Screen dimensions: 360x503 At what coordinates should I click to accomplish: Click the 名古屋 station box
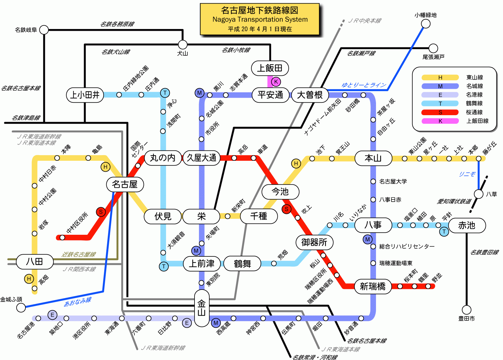click(x=125, y=184)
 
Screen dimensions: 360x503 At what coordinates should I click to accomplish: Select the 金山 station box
click(x=202, y=308)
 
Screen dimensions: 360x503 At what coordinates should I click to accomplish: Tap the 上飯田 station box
click(x=270, y=68)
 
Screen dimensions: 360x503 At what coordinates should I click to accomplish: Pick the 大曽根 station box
click(x=310, y=95)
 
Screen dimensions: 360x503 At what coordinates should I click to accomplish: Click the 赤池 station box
click(x=467, y=226)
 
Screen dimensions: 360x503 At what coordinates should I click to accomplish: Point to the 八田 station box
click(x=35, y=262)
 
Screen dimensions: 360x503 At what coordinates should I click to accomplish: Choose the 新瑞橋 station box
click(x=372, y=286)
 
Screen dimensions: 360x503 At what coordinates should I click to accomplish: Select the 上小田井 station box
click(x=85, y=95)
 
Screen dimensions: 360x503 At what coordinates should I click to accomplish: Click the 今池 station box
click(x=280, y=192)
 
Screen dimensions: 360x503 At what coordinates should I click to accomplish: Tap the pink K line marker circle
click(x=276, y=82)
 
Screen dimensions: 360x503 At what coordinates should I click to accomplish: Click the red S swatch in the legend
click(x=440, y=112)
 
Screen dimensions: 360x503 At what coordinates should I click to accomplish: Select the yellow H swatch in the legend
click(x=440, y=78)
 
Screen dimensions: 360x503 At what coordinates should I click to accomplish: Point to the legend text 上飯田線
click(x=477, y=121)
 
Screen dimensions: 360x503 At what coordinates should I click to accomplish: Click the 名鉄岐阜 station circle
click(x=44, y=30)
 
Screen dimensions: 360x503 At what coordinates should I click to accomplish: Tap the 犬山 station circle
click(x=183, y=45)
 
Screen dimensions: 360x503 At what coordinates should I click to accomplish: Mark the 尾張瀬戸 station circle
click(x=433, y=48)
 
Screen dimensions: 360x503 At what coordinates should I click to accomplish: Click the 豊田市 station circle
click(x=467, y=310)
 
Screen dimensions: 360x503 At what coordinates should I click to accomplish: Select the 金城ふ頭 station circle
click(x=21, y=308)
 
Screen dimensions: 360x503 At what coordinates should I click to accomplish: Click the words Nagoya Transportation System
click(x=260, y=20)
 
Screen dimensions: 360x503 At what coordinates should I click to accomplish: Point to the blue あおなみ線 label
click(x=78, y=302)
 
